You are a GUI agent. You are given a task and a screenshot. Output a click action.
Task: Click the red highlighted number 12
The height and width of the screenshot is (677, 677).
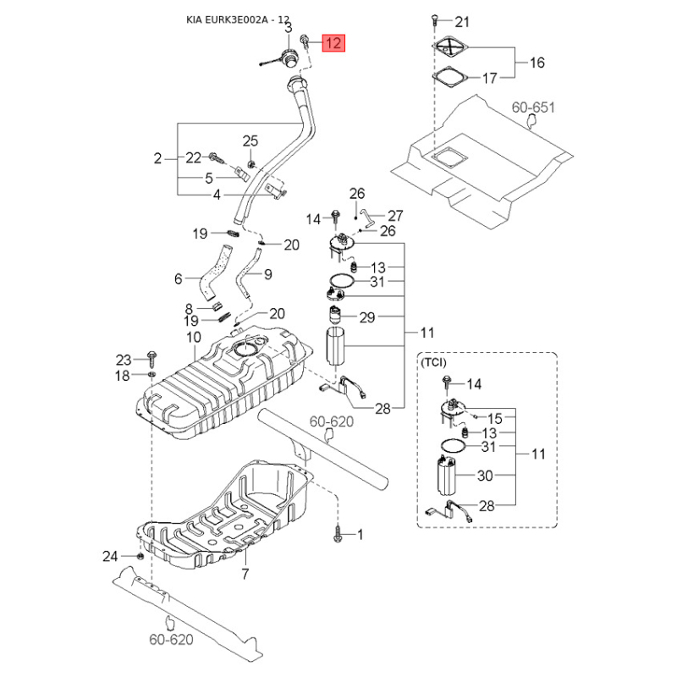coord(335,42)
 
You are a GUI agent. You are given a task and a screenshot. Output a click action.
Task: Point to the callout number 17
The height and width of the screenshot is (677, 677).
coord(490,79)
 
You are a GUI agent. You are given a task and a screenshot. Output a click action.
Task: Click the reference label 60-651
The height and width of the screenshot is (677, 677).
coord(532,107)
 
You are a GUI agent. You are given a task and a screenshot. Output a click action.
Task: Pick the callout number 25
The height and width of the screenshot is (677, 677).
coord(250,140)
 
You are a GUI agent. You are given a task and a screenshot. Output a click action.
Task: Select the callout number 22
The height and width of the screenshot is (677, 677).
coord(194,157)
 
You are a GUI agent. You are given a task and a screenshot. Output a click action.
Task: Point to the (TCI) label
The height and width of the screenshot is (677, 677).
coord(433,362)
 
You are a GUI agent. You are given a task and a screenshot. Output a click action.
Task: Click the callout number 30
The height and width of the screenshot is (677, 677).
coord(484,476)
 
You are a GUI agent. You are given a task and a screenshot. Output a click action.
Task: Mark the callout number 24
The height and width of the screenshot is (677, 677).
coord(111,556)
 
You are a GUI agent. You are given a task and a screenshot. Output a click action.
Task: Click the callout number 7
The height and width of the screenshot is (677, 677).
coord(245,575)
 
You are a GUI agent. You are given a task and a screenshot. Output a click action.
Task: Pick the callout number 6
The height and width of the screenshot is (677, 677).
coord(179,278)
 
